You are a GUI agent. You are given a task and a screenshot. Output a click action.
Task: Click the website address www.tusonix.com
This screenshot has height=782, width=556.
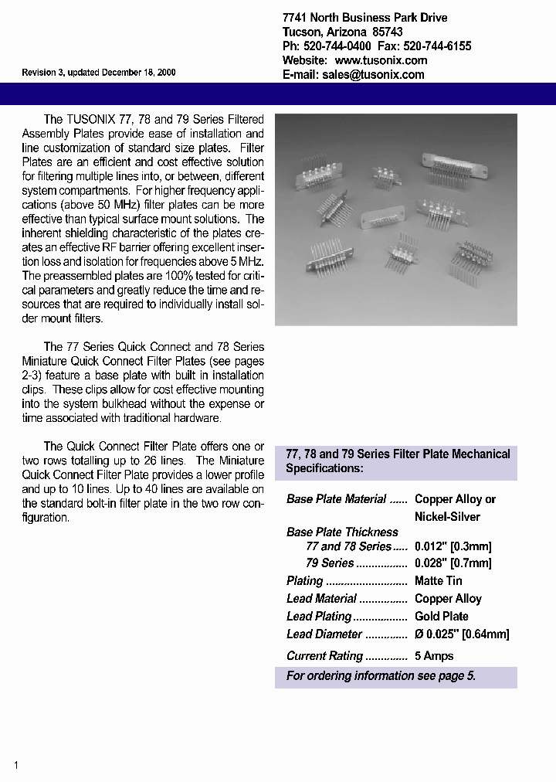pos(381,60)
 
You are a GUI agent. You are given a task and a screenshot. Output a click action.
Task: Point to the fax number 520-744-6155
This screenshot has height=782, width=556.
pos(437,46)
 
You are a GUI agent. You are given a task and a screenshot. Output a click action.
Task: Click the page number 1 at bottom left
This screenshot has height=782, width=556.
pos(15,765)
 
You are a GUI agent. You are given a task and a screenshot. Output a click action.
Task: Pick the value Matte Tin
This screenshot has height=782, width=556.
pos(439,580)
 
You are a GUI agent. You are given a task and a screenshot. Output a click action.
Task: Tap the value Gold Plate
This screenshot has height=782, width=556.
pos(442,616)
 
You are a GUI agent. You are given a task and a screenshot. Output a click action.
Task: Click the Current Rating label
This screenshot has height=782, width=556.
pos(324,655)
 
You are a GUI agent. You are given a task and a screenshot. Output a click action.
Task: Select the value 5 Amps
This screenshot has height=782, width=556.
pos(434,655)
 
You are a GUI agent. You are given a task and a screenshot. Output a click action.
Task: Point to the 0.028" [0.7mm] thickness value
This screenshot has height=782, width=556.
pos(453,563)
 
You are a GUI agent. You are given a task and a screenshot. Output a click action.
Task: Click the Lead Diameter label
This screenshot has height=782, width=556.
pos(324,634)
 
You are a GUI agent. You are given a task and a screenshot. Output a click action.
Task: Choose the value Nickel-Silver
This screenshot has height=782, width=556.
pos(447,516)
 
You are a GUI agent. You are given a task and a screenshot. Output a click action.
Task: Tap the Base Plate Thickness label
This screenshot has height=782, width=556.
pos(342,532)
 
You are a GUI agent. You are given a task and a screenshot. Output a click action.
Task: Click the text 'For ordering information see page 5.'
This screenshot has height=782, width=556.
pos(381,675)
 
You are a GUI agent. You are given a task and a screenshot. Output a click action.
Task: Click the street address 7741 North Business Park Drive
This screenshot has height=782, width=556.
pos(364,18)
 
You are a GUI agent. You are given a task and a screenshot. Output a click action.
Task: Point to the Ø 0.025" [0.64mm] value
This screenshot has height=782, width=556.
pos(462,634)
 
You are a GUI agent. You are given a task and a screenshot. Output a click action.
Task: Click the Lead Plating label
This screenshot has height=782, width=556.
pos(319,616)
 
